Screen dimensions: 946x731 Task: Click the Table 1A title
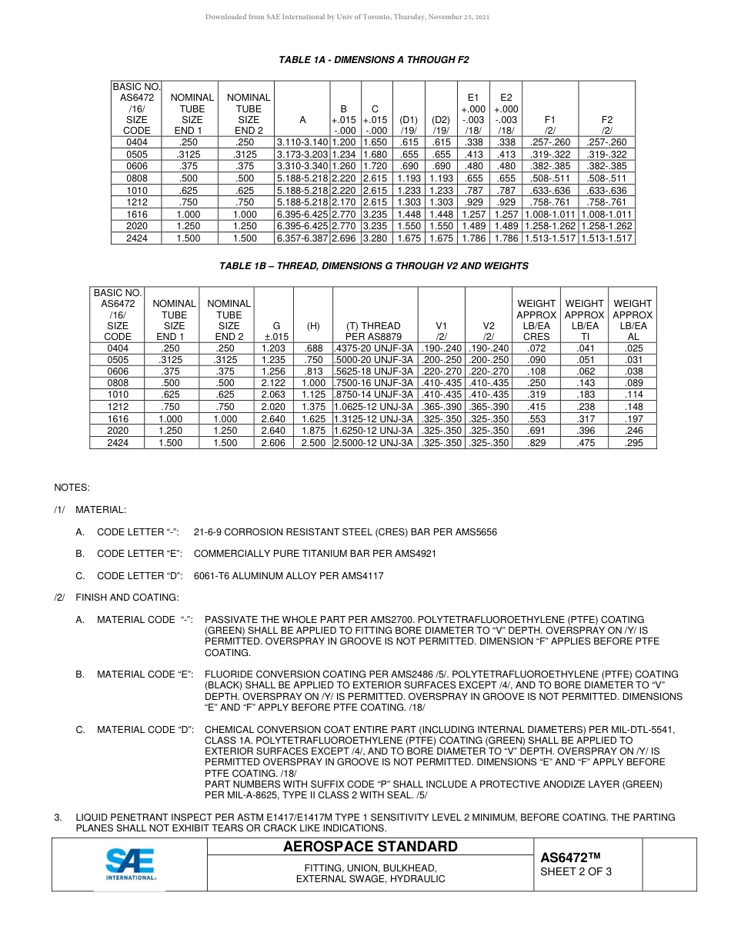click(x=373, y=59)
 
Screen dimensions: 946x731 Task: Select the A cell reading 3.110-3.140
click(x=302, y=142)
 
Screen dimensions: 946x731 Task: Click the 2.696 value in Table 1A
click(x=345, y=238)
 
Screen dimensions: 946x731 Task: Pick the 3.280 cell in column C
click(x=377, y=238)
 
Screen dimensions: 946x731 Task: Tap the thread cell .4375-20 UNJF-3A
click(x=375, y=348)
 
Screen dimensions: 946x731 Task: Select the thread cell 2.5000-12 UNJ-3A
click(x=375, y=444)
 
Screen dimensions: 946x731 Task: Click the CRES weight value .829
click(x=537, y=444)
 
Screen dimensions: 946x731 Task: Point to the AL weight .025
click(x=633, y=348)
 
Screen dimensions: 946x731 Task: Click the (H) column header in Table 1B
click(x=313, y=326)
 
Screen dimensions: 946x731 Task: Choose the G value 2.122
click(x=274, y=383)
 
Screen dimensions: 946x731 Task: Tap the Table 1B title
click(x=374, y=266)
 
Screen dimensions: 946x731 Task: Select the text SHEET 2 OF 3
click(x=576, y=871)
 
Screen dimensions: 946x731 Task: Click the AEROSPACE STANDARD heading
click(x=370, y=847)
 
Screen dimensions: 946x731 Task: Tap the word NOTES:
click(x=72, y=488)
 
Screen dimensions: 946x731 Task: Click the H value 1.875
click(x=313, y=431)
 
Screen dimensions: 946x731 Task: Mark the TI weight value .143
click(x=585, y=383)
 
